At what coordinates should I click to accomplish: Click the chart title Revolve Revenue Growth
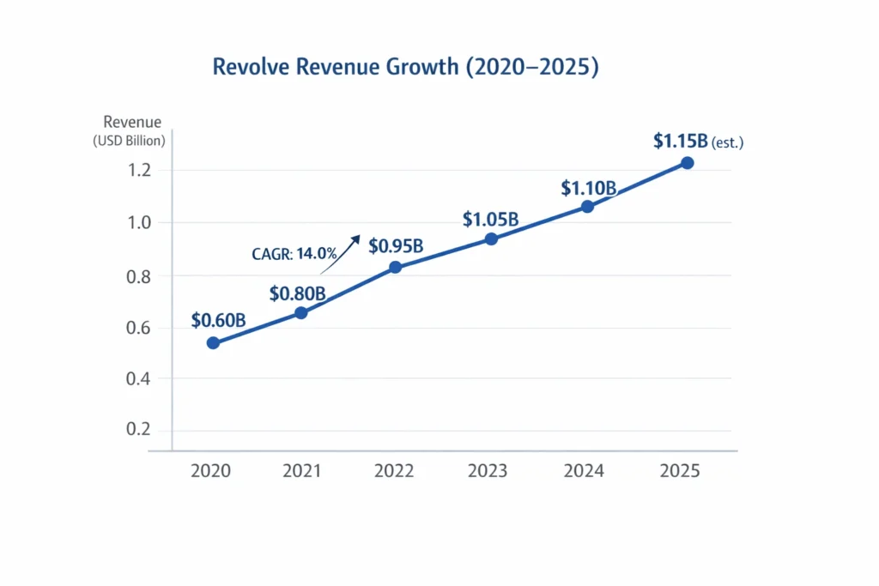(405, 68)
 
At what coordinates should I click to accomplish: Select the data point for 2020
(213, 343)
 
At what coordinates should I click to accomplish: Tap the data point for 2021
(301, 313)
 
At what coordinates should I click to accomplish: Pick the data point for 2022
(395, 267)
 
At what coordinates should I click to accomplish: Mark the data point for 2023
(491, 239)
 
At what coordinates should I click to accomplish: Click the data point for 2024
(587, 207)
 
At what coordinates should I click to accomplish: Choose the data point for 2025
(687, 163)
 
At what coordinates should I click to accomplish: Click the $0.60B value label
(219, 321)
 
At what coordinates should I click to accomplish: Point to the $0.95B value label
(396, 246)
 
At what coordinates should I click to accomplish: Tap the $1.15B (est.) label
(698, 142)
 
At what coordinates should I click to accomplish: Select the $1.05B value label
(490, 220)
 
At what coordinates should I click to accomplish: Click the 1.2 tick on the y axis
(139, 171)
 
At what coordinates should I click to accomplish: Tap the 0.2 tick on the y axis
(139, 430)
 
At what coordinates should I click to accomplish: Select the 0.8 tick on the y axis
(139, 276)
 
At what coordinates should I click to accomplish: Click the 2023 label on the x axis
(488, 471)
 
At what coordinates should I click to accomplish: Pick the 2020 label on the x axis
(210, 471)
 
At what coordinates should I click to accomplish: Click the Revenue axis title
(132, 123)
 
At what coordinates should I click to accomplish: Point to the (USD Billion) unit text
(129, 141)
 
